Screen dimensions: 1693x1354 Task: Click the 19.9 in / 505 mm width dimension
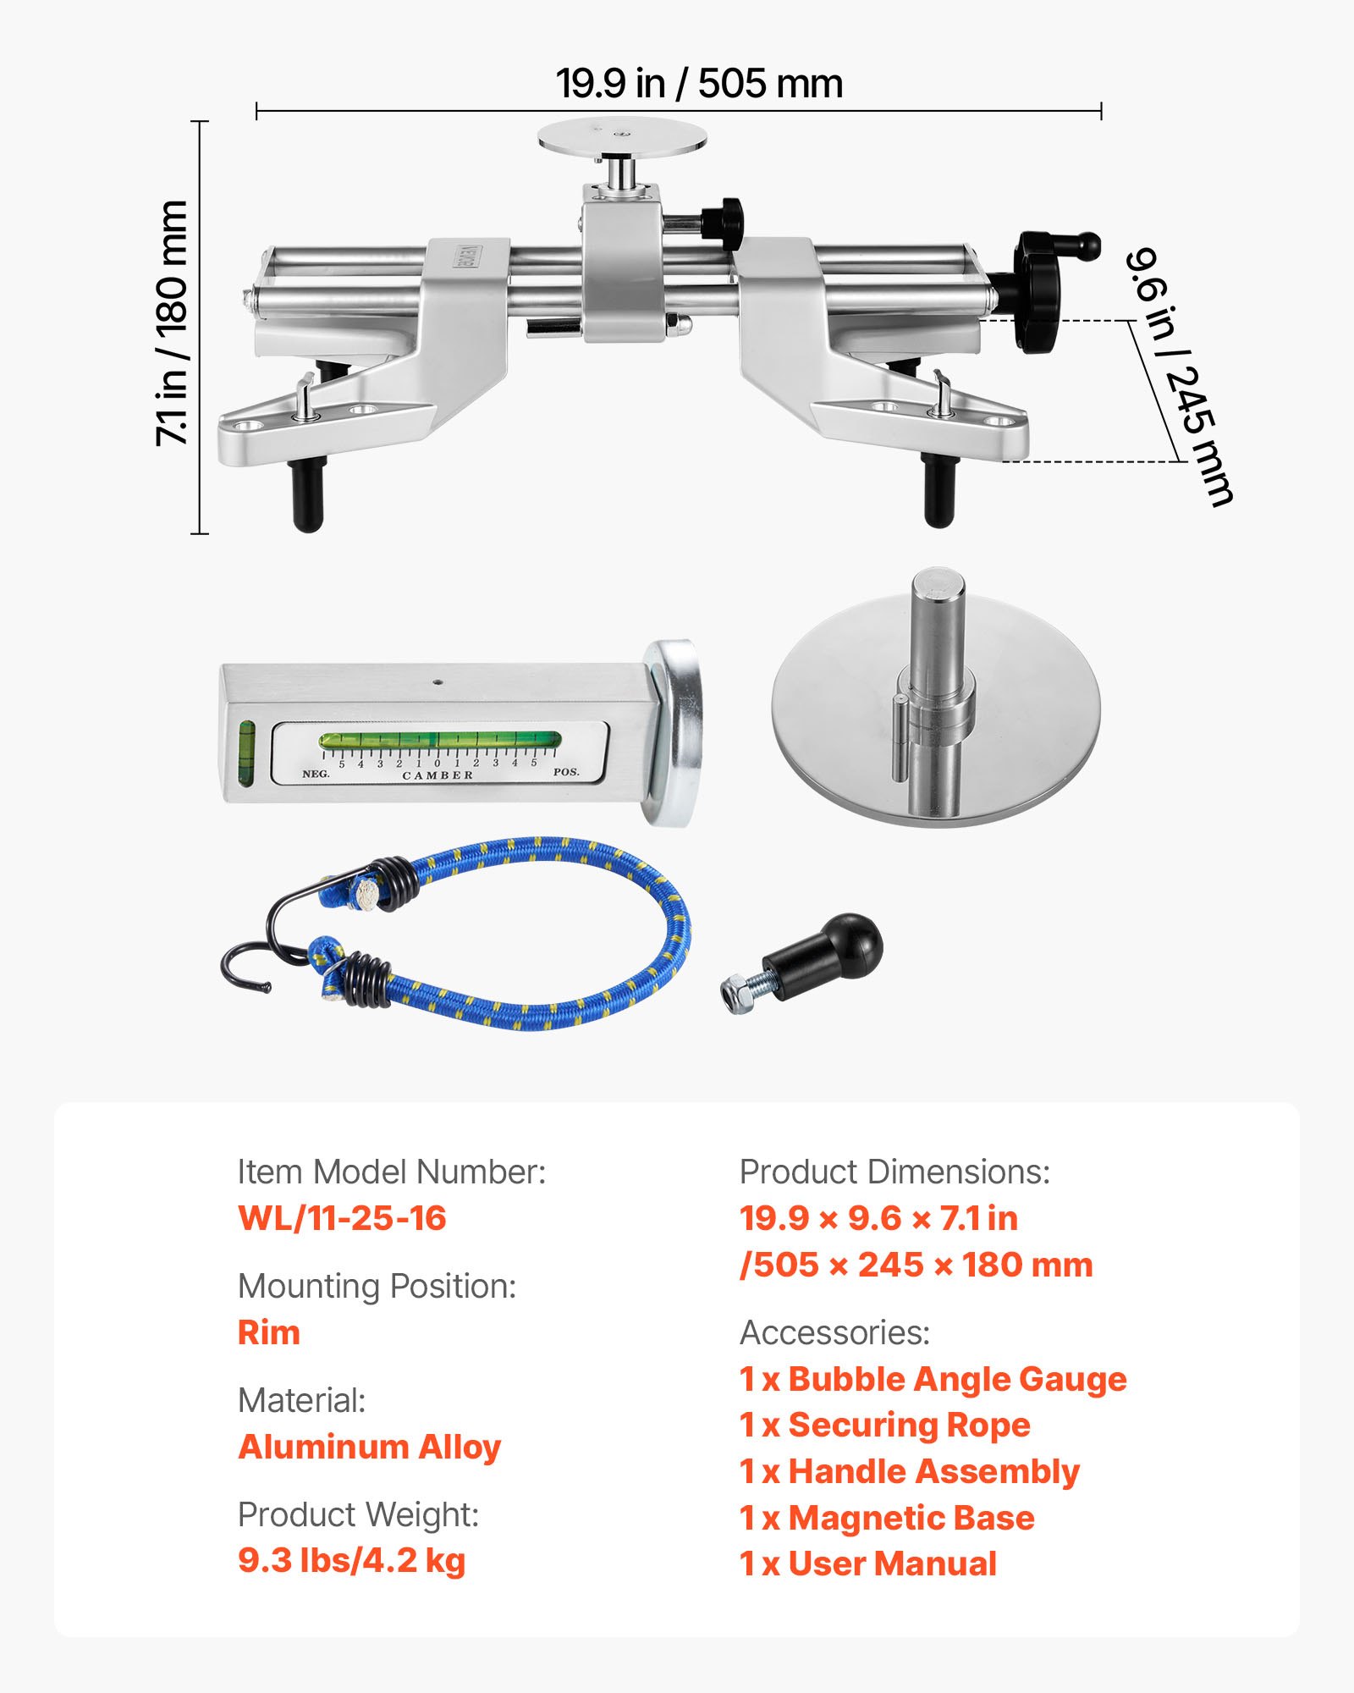pyautogui.click(x=699, y=84)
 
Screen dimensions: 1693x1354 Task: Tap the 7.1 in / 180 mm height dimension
pyautogui.click(x=172, y=323)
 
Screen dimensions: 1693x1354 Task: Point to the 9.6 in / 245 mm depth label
pyautogui.click(x=1180, y=376)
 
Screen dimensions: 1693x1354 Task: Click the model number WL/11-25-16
pyautogui.click(x=342, y=1218)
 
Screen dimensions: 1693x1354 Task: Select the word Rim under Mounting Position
pyautogui.click(x=269, y=1332)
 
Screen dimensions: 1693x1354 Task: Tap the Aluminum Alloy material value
pyautogui.click(x=370, y=1447)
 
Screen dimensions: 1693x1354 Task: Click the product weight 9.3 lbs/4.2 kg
pyautogui.click(x=351, y=1560)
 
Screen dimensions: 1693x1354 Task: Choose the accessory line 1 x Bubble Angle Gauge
pyautogui.click(x=933, y=1379)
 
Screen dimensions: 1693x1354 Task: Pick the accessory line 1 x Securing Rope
pyautogui.click(x=884, y=1425)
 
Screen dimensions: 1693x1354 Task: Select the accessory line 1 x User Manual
pyautogui.click(x=868, y=1563)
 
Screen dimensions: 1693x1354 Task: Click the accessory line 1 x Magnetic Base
pyautogui.click(x=887, y=1518)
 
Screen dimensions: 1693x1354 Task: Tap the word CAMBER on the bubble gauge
pyautogui.click(x=438, y=775)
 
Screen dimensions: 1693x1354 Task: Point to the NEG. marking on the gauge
pyautogui.click(x=316, y=774)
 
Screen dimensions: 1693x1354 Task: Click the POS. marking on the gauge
pyautogui.click(x=566, y=772)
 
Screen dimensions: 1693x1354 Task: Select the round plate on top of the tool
pyautogui.click(x=622, y=135)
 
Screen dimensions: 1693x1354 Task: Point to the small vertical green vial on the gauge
pyautogui.click(x=246, y=752)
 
